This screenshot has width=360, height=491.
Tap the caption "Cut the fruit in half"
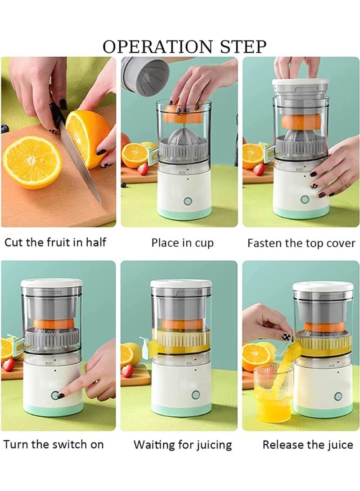[55, 243]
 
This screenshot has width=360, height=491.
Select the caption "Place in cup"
[182, 243]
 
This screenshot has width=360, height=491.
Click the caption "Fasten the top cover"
[301, 243]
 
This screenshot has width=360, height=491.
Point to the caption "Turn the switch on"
[54, 445]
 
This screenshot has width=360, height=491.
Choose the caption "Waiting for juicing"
[183, 445]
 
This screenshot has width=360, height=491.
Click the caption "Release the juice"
[308, 445]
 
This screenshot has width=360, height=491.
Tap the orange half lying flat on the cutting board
[32, 162]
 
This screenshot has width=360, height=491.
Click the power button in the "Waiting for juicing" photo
[195, 395]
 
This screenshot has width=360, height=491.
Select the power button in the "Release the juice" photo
[338, 396]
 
